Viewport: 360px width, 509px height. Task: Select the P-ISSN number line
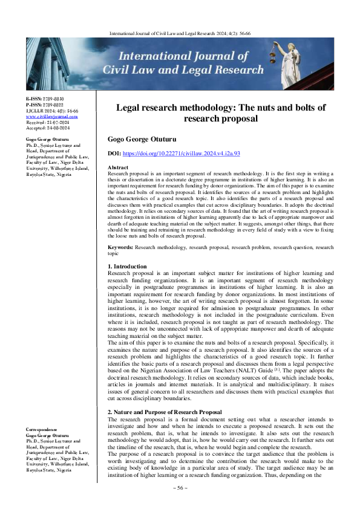click(x=45, y=104)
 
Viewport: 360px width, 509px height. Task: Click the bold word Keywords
click(x=120, y=247)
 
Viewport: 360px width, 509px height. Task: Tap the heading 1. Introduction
click(x=126, y=266)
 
